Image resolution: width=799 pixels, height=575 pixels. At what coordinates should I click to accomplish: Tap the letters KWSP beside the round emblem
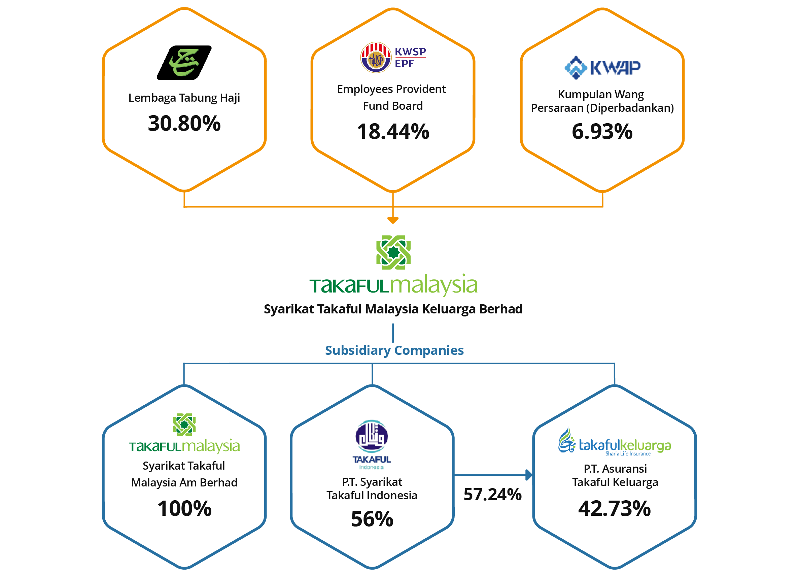pyautogui.click(x=410, y=52)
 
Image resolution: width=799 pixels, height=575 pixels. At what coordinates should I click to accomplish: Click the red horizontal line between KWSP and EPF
pyautogui.click(x=410, y=58)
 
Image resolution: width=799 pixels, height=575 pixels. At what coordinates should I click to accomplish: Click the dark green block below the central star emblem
pyautogui.click(x=350, y=291)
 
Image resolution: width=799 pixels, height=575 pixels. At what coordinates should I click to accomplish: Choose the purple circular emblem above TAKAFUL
pyautogui.click(x=371, y=437)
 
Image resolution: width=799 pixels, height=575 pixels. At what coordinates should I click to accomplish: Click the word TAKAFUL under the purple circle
pyautogui.click(x=371, y=460)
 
